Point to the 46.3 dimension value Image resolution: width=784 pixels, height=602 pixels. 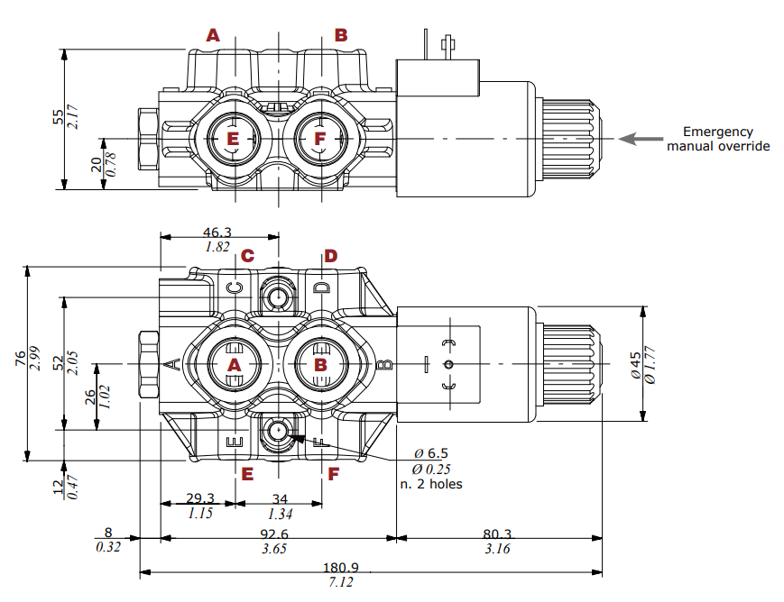click(x=217, y=232)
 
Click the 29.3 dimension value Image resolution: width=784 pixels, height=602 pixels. click(x=199, y=498)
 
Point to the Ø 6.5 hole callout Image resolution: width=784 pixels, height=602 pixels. click(x=431, y=452)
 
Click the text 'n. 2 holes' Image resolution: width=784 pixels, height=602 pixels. click(x=430, y=484)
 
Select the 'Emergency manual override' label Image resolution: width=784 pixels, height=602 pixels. click(x=718, y=139)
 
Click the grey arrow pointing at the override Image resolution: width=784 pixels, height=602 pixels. click(x=640, y=139)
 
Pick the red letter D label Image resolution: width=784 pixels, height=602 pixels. click(x=330, y=256)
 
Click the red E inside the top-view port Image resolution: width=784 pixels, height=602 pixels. click(x=233, y=139)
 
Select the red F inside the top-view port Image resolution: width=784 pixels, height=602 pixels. click(x=318, y=139)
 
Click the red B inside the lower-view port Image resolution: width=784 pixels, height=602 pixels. click(x=320, y=364)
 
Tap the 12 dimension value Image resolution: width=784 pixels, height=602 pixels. click(x=59, y=486)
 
